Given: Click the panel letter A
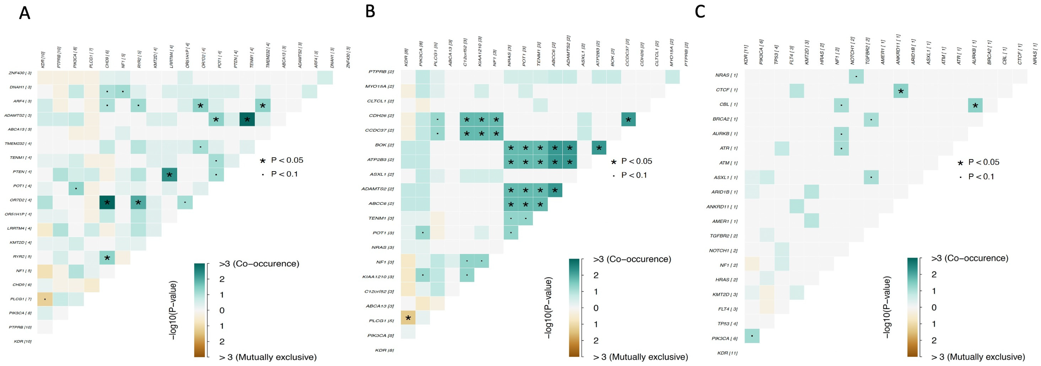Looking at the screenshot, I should tap(25, 13).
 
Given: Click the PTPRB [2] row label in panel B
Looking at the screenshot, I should tap(381, 72).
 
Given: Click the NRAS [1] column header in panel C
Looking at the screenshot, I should tap(1035, 56).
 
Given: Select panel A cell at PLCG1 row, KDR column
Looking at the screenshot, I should tap(45, 299).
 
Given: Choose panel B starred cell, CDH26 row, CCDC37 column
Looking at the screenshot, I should tap(628, 119).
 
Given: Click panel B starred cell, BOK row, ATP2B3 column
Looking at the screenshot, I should tap(599, 148).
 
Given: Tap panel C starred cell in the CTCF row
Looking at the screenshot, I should tap(901, 91).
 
